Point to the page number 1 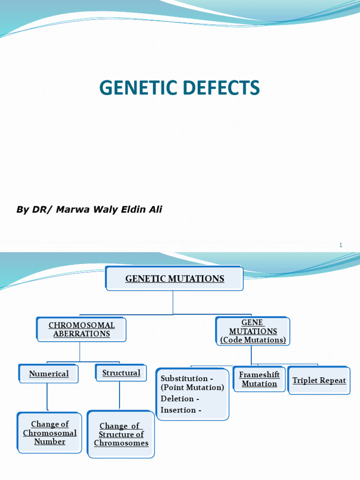(341, 245)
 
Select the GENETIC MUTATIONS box (174, 279)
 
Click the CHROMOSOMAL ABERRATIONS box (82, 330)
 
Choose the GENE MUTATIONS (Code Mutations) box (253, 331)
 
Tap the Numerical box (49, 374)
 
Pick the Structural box (121, 373)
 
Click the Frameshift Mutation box (259, 379)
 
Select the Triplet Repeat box (319, 380)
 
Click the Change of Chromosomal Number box (50, 433)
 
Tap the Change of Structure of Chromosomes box (121, 435)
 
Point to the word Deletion (177, 398)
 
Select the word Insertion (178, 410)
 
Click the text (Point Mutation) (192, 388)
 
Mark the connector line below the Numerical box (47, 397)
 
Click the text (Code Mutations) (253, 340)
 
